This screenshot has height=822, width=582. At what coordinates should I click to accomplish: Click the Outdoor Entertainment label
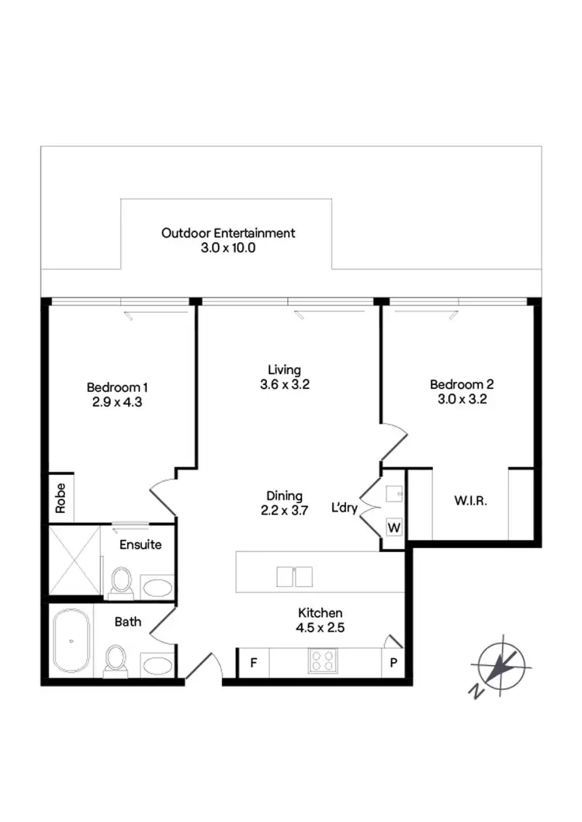tap(228, 233)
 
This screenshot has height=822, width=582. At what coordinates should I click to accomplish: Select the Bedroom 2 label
tap(462, 384)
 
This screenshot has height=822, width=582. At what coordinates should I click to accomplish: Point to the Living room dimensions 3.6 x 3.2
tap(284, 384)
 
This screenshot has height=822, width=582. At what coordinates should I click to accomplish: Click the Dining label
tap(284, 496)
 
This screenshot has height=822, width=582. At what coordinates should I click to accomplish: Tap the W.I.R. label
tap(470, 501)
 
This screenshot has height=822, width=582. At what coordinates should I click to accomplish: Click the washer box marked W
tap(394, 528)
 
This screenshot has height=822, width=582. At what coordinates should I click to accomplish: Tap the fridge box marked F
tap(253, 663)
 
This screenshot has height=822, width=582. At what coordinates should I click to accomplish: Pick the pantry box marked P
tap(393, 663)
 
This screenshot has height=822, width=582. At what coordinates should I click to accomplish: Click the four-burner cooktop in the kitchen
tap(324, 661)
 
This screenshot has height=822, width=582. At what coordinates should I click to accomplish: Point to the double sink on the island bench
tap(294, 576)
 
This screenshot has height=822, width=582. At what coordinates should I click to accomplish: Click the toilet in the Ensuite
tap(120, 582)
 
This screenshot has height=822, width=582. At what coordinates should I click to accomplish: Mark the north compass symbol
tap(501, 667)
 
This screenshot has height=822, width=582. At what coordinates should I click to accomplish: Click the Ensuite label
tap(140, 545)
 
